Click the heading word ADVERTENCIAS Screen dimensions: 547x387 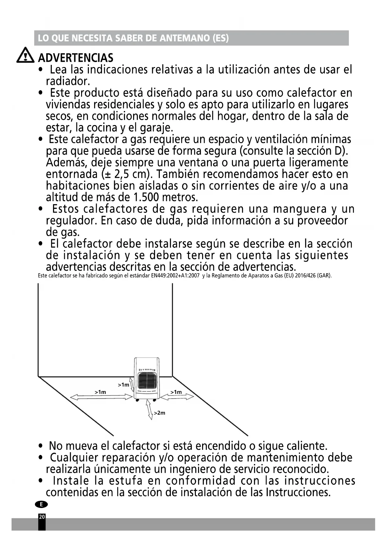(x=75, y=58)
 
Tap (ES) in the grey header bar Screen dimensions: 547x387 (x=220, y=38)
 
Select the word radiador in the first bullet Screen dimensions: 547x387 (x=68, y=81)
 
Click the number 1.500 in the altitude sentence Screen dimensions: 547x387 (x=146, y=197)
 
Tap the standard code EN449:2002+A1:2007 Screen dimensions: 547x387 (x=175, y=276)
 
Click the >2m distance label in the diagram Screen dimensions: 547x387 (x=159, y=413)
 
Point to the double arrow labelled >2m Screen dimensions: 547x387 (x=150, y=410)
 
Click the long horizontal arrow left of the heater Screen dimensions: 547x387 (x=101, y=397)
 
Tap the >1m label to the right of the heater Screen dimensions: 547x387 (x=176, y=392)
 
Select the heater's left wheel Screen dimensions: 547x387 (x=137, y=400)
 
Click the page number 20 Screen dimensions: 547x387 (x=42, y=517)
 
